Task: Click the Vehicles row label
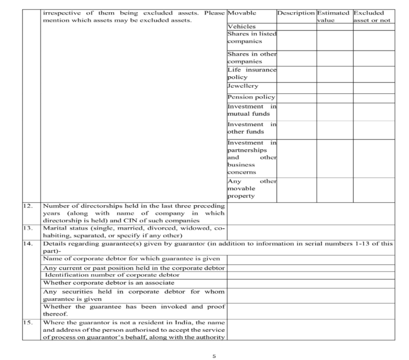(x=241, y=26)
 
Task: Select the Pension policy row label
(x=251, y=97)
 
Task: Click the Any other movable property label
(x=251, y=189)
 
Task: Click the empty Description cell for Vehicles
(x=296, y=26)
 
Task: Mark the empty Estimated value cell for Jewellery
(x=333, y=86)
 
